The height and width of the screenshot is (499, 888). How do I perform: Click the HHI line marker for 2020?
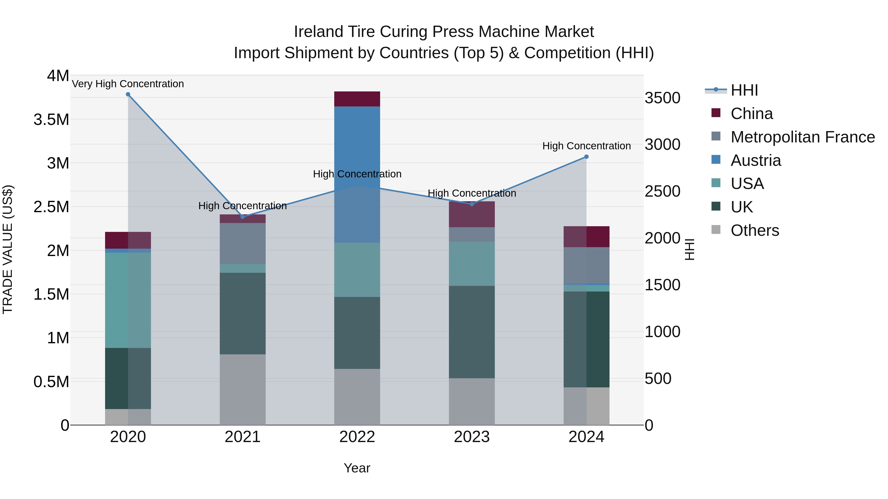(128, 94)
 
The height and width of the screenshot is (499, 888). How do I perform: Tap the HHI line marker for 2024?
(586, 157)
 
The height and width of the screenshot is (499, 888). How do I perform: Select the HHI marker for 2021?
(243, 217)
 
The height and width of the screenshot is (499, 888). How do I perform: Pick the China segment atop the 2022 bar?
(357, 99)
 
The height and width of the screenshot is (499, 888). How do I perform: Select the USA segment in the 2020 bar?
(128, 300)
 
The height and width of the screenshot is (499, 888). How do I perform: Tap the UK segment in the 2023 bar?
(472, 332)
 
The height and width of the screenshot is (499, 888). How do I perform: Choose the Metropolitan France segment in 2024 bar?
(586, 265)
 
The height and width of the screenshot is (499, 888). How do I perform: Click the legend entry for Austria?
(755, 160)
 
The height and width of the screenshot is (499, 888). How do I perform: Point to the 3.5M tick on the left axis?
(51, 120)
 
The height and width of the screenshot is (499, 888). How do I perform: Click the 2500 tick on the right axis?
(662, 191)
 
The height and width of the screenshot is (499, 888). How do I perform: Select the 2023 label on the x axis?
(472, 437)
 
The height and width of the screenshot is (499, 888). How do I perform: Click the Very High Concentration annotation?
(128, 84)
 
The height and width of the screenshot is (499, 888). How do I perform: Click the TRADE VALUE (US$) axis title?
(8, 249)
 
